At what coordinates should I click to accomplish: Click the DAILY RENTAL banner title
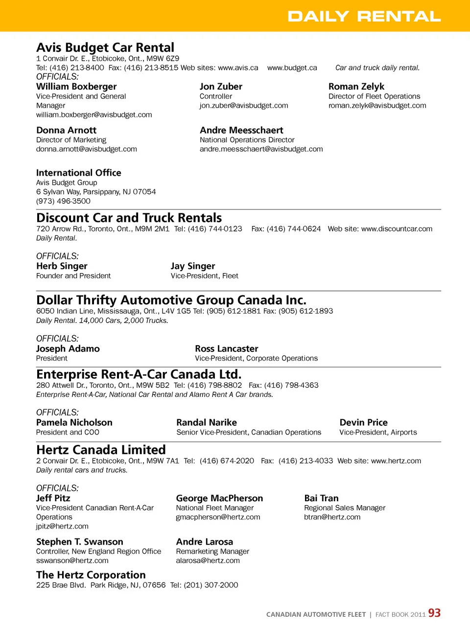(364, 16)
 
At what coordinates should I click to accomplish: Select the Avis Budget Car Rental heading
(105, 47)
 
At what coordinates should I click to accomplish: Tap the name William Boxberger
(76, 87)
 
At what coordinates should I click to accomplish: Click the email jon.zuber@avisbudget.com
(244, 106)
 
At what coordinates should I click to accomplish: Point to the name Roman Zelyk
(356, 87)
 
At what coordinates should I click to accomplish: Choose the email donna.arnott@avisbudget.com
(87, 149)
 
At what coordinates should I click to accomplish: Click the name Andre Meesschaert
(241, 130)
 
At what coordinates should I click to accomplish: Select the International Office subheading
(79, 173)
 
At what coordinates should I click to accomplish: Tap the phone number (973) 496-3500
(63, 201)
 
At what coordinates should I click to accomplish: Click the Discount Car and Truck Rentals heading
(129, 218)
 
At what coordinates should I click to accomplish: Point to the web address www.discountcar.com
(397, 229)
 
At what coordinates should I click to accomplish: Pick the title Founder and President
(73, 276)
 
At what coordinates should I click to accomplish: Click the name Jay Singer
(193, 266)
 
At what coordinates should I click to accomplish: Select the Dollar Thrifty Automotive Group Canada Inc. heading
(171, 300)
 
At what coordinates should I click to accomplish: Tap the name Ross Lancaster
(227, 349)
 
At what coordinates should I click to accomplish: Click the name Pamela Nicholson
(74, 422)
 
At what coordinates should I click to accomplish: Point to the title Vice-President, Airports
(378, 433)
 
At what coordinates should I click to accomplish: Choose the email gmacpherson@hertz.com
(218, 517)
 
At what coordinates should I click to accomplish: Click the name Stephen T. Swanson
(80, 542)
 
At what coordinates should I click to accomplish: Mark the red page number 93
(434, 613)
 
